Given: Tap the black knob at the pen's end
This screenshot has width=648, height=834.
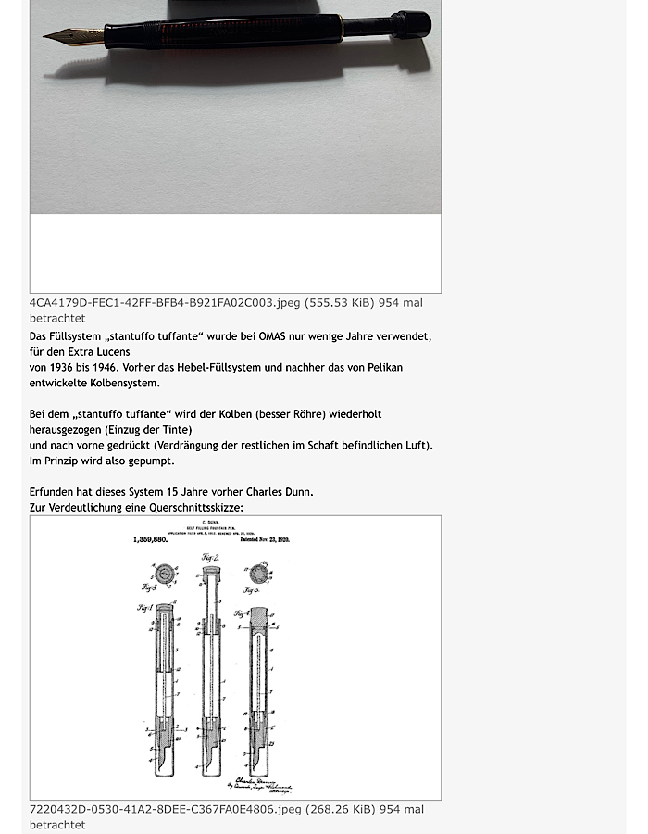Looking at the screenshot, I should click(411, 24).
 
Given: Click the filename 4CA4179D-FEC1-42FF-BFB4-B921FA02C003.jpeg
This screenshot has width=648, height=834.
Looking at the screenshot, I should click(165, 303).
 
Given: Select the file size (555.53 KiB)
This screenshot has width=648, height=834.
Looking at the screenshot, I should click(340, 303).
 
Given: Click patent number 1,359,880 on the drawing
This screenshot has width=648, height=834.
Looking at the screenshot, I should click(151, 539).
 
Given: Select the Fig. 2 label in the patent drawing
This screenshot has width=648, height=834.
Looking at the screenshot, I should click(210, 558).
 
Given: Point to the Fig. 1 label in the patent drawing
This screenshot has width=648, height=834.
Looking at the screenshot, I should click(144, 608).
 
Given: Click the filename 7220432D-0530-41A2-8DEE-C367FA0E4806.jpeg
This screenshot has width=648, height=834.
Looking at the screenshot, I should click(165, 809).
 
